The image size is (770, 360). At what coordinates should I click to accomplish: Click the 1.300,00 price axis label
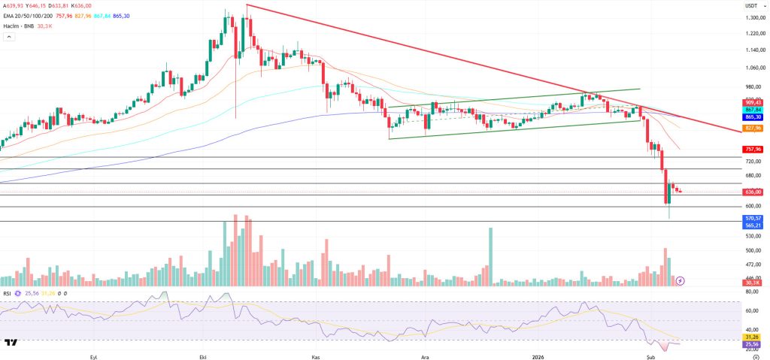click(753, 17)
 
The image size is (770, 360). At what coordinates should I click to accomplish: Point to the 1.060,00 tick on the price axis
click(753, 68)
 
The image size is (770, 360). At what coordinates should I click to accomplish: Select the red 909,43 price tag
click(753, 102)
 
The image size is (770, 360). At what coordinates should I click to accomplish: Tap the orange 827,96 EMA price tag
click(753, 129)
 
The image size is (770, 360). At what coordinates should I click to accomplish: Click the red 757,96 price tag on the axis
click(753, 149)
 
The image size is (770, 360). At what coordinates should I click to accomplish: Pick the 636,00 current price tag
click(753, 192)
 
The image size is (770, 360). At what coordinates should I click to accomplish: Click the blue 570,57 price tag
click(753, 218)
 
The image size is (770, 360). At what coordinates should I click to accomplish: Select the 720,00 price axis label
click(753, 162)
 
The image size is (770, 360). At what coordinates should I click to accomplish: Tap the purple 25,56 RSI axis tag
click(753, 345)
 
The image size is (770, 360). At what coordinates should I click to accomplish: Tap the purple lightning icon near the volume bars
click(681, 280)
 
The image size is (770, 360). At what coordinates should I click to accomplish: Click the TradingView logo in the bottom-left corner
click(11, 343)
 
